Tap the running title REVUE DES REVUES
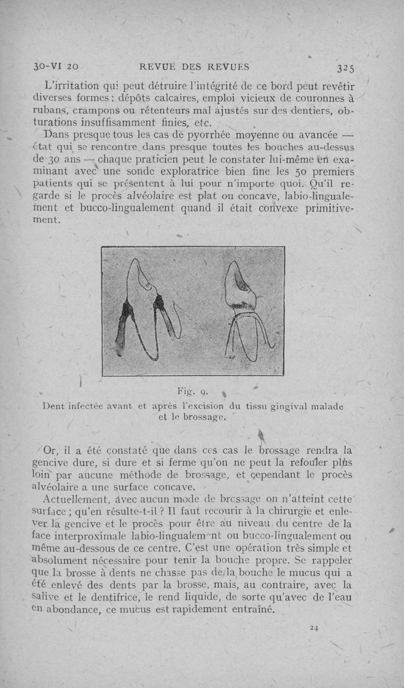tap(194, 66)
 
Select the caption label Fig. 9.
tap(191, 390)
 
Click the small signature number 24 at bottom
tap(314, 627)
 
